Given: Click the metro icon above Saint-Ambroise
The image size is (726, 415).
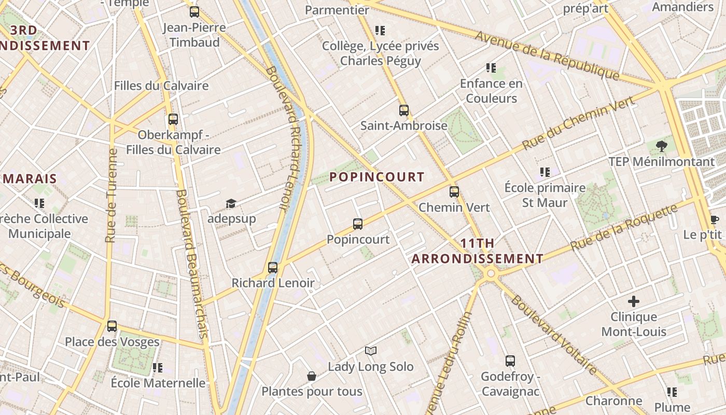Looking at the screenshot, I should pyautogui.click(x=404, y=110).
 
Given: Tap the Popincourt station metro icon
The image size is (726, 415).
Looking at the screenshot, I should pyautogui.click(x=358, y=224).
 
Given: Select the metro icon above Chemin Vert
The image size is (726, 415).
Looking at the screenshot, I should pyautogui.click(x=454, y=192).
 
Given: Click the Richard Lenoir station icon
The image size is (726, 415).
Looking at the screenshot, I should pyautogui.click(x=273, y=268).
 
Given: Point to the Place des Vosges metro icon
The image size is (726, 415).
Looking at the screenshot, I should pyautogui.click(x=112, y=326).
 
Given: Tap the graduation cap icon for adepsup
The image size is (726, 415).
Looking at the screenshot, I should pyautogui.click(x=231, y=203).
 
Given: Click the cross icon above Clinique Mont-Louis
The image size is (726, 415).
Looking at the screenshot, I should pyautogui.click(x=633, y=301).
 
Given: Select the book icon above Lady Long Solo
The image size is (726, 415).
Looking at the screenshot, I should pyautogui.click(x=370, y=351).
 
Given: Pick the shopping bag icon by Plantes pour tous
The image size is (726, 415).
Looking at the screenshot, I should pyautogui.click(x=312, y=376).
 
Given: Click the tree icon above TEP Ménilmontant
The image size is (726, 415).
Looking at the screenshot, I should pyautogui.click(x=661, y=146).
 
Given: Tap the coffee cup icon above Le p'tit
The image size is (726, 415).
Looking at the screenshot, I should pyautogui.click(x=714, y=219).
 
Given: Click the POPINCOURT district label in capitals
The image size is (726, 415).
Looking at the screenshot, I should pyautogui.click(x=377, y=177).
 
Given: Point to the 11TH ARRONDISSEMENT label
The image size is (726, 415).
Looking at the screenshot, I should pyautogui.click(x=477, y=251).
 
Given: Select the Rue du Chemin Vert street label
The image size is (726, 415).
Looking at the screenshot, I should pyautogui.click(x=578, y=123).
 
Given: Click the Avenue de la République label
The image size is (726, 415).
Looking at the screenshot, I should pyautogui.click(x=547, y=56).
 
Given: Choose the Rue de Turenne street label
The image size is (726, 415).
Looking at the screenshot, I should pyautogui.click(x=110, y=196).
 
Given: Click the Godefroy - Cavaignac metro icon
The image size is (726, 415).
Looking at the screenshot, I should pyautogui.click(x=510, y=361).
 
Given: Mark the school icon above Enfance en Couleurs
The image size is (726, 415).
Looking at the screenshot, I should pyautogui.click(x=491, y=68).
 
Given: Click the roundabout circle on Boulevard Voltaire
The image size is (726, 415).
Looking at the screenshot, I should pyautogui.click(x=491, y=273).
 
